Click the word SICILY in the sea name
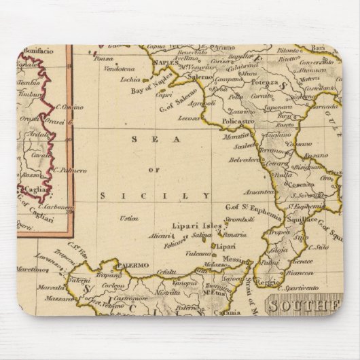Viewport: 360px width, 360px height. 159,196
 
